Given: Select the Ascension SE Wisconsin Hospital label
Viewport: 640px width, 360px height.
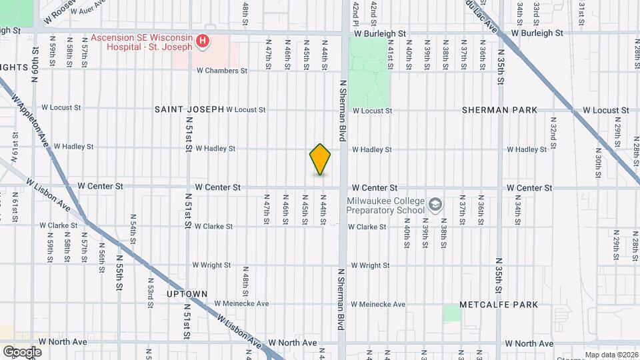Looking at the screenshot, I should point(142,43).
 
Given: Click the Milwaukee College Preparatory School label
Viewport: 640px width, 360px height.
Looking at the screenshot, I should point(385,205).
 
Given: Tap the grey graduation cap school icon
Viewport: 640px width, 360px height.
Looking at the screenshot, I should point(435,204).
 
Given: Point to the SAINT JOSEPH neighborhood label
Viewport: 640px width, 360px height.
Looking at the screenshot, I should point(189,109).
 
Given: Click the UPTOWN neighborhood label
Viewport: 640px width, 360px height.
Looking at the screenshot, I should point(187,293).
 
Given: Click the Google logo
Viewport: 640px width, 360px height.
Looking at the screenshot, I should point(23,351).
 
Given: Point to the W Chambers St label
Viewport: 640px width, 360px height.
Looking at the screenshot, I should point(221,71).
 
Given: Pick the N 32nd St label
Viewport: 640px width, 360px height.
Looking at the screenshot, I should point(553,131).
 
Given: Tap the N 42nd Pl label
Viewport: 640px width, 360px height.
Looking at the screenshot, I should point(356,11).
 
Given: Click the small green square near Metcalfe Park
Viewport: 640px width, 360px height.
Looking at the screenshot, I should point(452,313).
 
